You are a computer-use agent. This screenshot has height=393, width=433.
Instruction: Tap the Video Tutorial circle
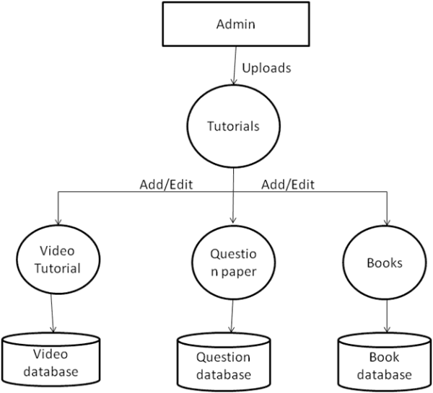58,260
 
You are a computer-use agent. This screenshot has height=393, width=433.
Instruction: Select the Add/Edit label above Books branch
289,184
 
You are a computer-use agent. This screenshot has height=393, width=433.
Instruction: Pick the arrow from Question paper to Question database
232,317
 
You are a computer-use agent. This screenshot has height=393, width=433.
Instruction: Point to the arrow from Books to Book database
388,316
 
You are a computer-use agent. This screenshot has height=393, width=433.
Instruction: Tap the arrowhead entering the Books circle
388,221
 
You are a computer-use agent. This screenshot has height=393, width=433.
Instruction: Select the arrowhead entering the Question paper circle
234,219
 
